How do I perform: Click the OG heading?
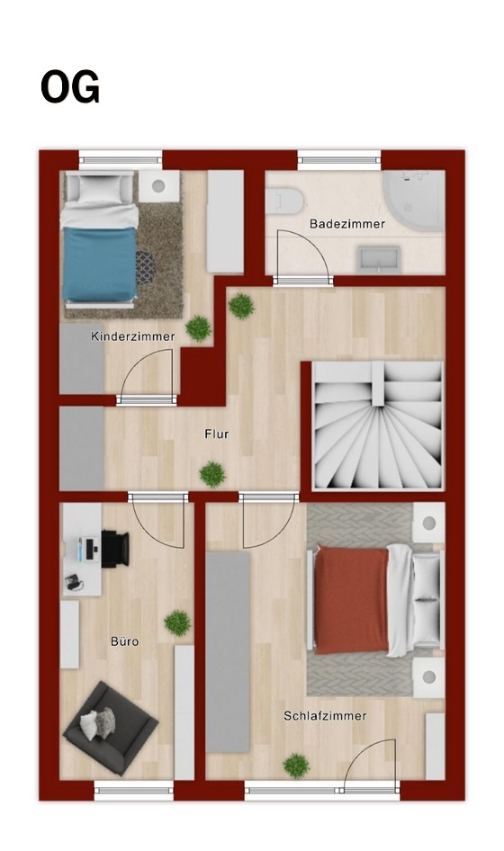click(70, 87)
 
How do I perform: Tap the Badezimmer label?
click(347, 224)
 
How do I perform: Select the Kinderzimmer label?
click(132, 336)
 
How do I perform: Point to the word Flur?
click(217, 434)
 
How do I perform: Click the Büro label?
click(125, 641)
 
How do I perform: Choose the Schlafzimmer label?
click(325, 716)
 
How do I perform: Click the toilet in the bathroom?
click(284, 201)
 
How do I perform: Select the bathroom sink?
click(379, 259)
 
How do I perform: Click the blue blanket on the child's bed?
click(99, 264)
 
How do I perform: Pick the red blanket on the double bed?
click(352, 600)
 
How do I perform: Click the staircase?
click(378, 425)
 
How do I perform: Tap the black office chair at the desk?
click(114, 549)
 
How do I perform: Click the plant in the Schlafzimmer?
click(296, 766)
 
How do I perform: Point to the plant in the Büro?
click(177, 623)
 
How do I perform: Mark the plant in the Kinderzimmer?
click(198, 328)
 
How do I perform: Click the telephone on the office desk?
click(73, 582)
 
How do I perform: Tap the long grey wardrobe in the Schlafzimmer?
click(228, 652)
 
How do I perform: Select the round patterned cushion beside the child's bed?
click(145, 267)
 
